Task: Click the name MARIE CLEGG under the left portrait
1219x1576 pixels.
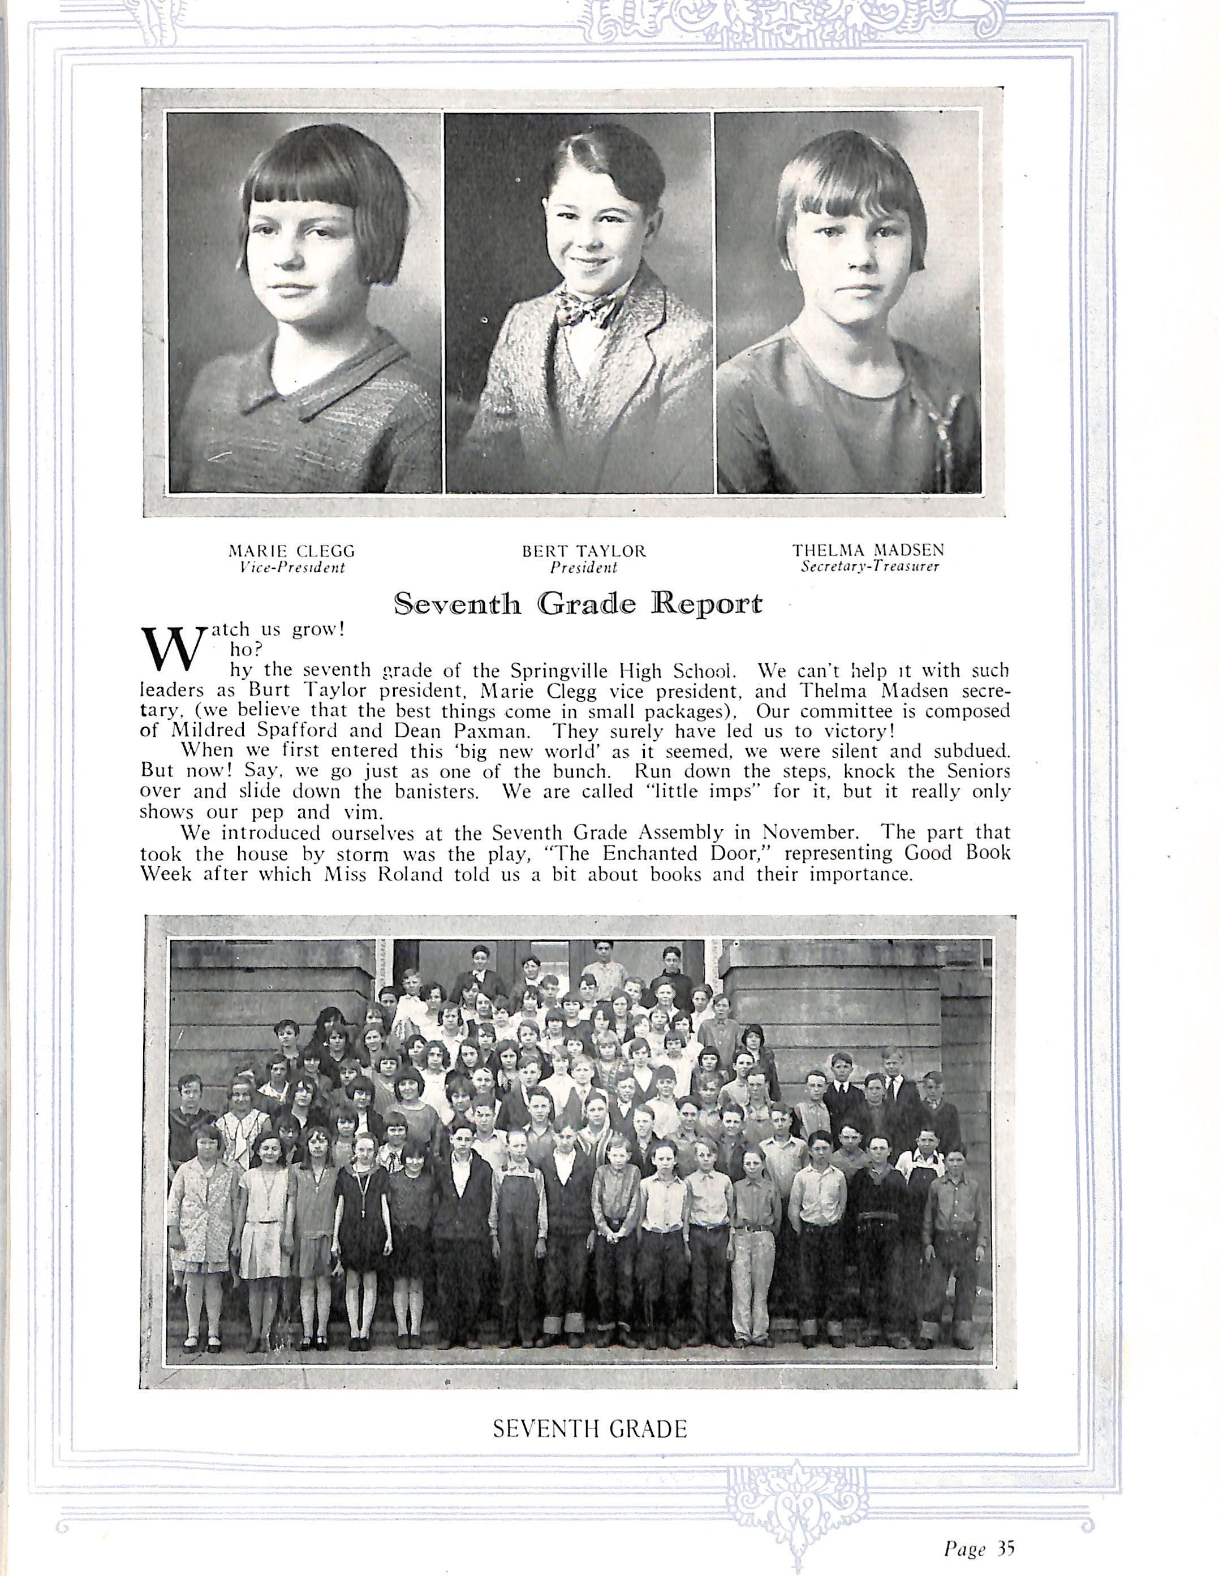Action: (291, 551)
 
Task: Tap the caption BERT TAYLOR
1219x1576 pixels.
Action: (584, 551)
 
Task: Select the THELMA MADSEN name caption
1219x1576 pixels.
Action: (868, 550)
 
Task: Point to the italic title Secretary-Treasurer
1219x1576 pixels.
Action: (869, 567)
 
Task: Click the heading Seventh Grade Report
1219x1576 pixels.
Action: (578, 603)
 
